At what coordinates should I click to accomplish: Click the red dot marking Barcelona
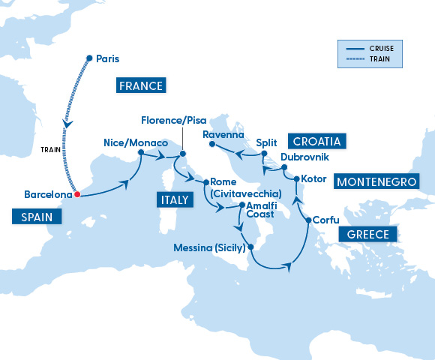point(76,196)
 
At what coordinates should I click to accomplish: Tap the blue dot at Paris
point(89,58)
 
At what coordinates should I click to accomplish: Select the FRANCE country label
point(140,85)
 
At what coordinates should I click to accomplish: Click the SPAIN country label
point(35,217)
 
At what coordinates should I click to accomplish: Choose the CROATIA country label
point(317,141)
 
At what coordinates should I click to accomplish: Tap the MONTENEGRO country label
point(375,181)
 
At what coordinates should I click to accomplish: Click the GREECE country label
point(367,235)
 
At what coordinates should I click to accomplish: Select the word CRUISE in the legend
point(380,49)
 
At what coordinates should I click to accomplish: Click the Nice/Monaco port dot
point(140,154)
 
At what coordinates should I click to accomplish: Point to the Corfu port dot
point(309,220)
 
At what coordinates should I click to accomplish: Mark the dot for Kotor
point(296,179)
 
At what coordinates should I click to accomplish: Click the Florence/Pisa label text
point(173,121)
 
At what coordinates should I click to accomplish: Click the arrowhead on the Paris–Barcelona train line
point(67,124)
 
